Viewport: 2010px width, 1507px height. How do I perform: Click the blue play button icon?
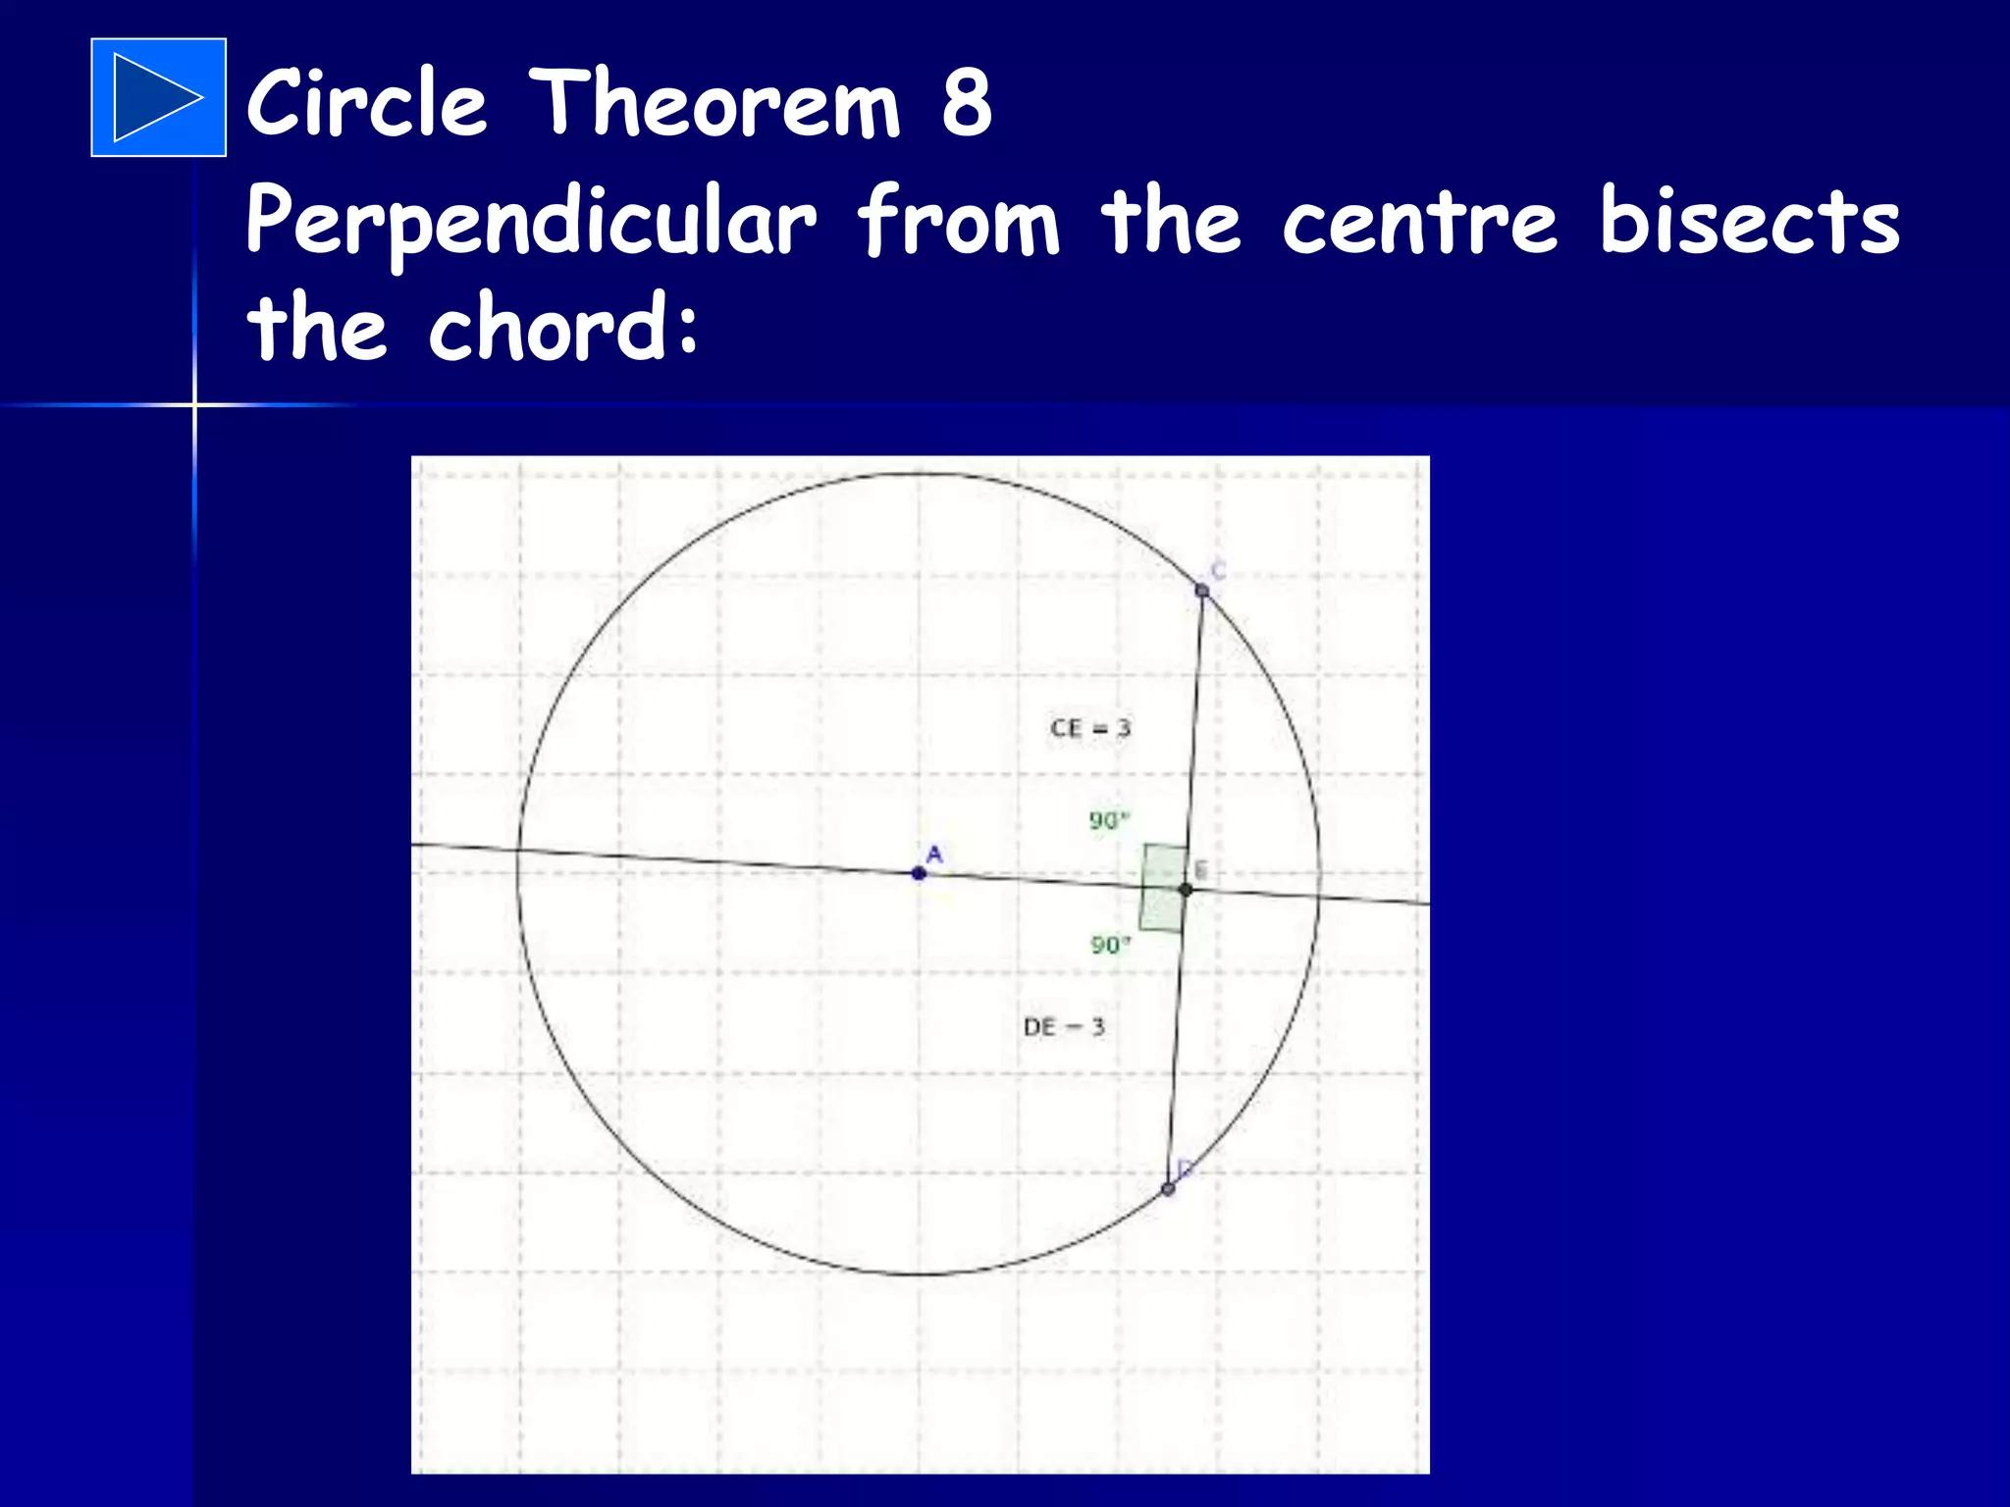pos(158,97)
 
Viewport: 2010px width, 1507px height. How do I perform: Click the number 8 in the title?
pos(967,102)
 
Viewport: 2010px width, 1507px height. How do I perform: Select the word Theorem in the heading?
pos(714,102)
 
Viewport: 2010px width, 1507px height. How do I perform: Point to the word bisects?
pos(1749,220)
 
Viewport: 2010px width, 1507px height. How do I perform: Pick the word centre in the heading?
pos(1419,222)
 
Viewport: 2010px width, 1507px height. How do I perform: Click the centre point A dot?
pos(919,872)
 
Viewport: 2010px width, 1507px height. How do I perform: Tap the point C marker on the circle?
pos(1202,590)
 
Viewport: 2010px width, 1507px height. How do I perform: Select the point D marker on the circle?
pos(1167,1189)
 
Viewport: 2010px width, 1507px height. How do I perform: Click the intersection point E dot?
pos(1186,889)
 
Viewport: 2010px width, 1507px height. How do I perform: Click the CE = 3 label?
pos(1089,728)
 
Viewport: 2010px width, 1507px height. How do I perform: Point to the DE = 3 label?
pos(1064,1027)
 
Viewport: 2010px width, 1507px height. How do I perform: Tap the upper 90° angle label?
pos(1109,820)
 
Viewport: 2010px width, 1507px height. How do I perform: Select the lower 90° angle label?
pos(1110,945)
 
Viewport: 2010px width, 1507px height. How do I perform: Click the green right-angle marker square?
pos(1163,887)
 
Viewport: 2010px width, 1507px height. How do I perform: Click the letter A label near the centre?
pos(934,854)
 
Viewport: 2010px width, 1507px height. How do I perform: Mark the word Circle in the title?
pos(366,102)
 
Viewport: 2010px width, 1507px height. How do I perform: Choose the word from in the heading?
pos(958,222)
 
